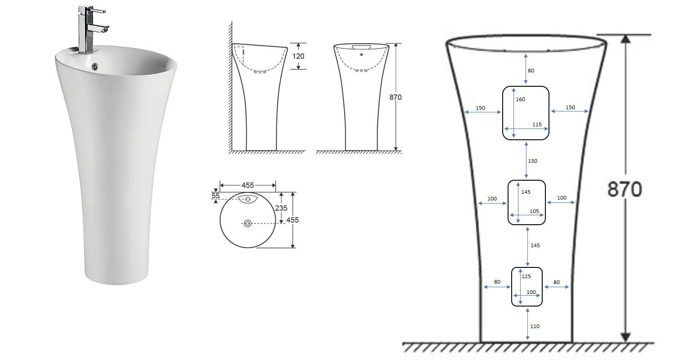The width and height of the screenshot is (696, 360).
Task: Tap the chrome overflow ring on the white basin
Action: [x=95, y=67]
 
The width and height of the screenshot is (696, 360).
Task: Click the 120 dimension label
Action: [x=299, y=56]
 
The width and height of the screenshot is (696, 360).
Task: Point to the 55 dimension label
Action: [x=215, y=196]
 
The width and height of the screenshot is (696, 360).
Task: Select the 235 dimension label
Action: [x=281, y=208]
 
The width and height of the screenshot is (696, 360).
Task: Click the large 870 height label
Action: [x=625, y=190]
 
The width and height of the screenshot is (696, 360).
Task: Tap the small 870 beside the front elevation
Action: [x=396, y=97]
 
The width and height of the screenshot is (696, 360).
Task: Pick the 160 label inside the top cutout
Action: [x=521, y=99]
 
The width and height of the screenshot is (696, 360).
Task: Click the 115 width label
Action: [x=537, y=124]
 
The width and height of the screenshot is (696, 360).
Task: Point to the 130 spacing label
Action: [x=533, y=160]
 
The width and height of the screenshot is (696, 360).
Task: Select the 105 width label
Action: [x=534, y=211]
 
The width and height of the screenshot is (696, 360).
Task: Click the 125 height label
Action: [x=526, y=276]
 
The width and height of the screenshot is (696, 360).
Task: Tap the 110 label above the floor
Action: [x=535, y=326]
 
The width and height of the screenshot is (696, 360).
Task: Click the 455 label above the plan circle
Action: [x=248, y=185]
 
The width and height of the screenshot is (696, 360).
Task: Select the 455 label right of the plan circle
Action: [x=292, y=220]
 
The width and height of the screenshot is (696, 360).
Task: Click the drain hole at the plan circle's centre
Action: [x=247, y=223]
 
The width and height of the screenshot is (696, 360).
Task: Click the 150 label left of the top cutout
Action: [x=480, y=108]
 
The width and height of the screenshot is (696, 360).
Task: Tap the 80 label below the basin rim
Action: [x=531, y=70]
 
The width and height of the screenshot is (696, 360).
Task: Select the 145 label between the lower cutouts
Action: [x=535, y=245]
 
